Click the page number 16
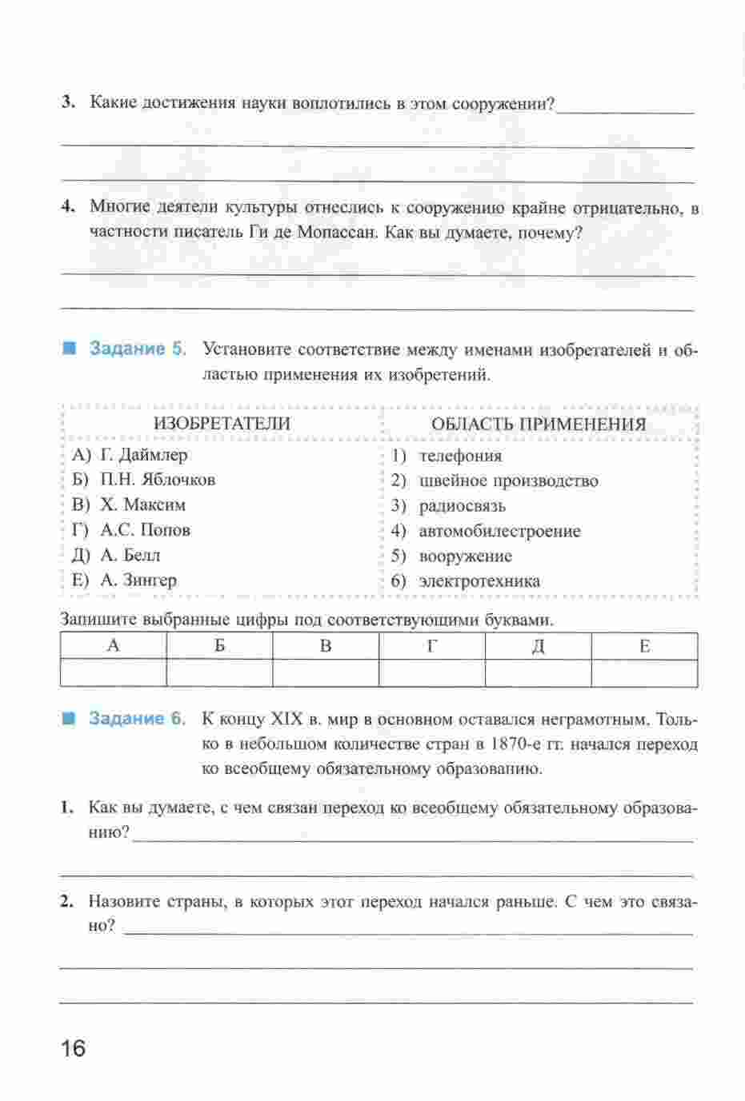72,1048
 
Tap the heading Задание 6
137,718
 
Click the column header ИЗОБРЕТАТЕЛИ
222,424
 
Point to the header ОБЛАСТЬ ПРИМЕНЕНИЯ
538,425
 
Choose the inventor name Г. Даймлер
144,455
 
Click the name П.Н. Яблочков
158,480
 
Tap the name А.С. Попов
146,530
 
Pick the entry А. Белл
130,555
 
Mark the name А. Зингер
138,580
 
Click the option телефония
460,456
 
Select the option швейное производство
508,481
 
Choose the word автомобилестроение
499,531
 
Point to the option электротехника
479,581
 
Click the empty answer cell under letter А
113,673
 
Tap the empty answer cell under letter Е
644,673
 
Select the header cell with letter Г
431,646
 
